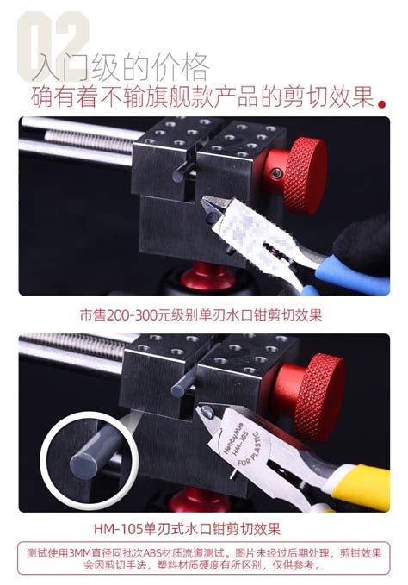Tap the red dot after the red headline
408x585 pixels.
coord(381,104)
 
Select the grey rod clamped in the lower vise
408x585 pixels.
coord(183,384)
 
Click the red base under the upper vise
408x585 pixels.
coord(206,275)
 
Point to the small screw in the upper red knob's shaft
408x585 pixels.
coord(275,172)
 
